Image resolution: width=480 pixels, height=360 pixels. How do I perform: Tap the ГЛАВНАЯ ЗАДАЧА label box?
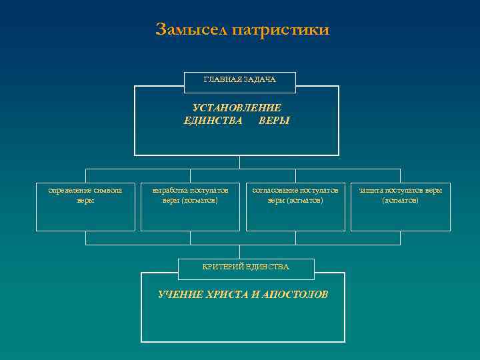click(x=239, y=80)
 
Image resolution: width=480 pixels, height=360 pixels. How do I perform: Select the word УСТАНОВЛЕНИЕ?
click(x=237, y=108)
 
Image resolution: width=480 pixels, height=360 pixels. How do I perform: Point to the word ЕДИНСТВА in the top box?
click(x=212, y=121)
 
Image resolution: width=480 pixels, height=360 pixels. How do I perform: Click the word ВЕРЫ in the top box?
click(x=274, y=121)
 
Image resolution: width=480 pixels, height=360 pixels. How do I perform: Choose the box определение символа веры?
click(x=85, y=207)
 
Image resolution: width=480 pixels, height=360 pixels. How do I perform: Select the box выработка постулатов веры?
click(x=190, y=207)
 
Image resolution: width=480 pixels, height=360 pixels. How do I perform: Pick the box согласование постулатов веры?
click(x=295, y=207)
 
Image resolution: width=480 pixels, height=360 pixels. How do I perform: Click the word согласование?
click(x=275, y=191)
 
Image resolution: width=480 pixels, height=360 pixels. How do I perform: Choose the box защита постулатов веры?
click(x=400, y=207)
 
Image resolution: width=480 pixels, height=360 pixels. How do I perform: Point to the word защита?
click(x=371, y=191)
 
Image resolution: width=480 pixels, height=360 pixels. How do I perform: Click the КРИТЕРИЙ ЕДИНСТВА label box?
click(x=245, y=267)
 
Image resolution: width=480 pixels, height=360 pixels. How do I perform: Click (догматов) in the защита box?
click(x=400, y=200)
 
